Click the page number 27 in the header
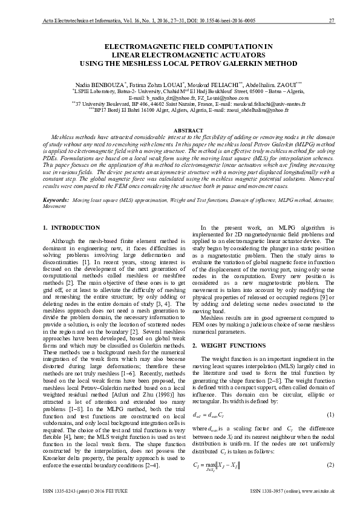332,21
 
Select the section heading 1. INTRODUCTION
72,227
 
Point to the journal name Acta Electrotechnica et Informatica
79,21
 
